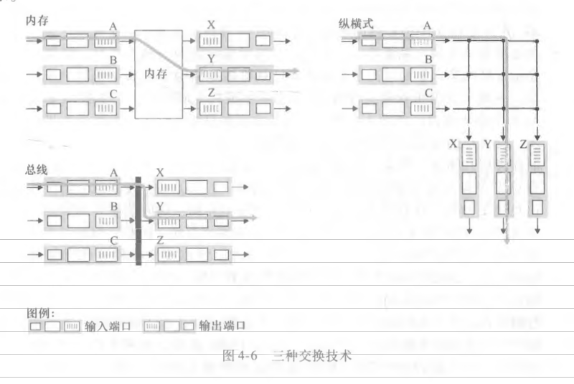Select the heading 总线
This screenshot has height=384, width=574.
[x=35, y=169]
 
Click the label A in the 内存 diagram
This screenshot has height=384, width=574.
[x=113, y=27]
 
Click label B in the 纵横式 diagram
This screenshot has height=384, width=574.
[x=428, y=60]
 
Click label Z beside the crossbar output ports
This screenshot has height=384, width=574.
[x=524, y=145]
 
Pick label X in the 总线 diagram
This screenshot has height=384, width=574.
[x=159, y=173]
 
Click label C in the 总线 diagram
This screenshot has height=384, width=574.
[x=113, y=240]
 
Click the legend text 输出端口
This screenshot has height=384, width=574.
[x=222, y=326]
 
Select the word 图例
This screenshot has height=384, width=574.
[x=40, y=313]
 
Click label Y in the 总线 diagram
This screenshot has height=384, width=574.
[x=160, y=207]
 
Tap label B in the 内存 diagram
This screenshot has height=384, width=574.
[x=113, y=60]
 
